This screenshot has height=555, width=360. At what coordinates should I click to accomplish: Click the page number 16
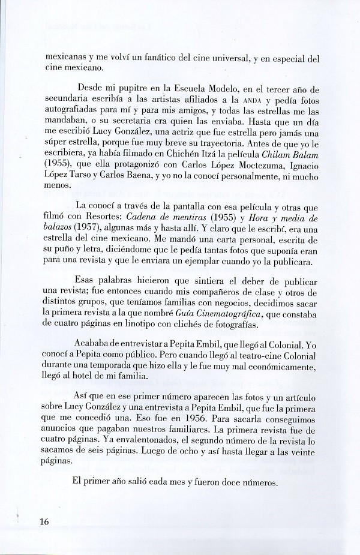(44, 521)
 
